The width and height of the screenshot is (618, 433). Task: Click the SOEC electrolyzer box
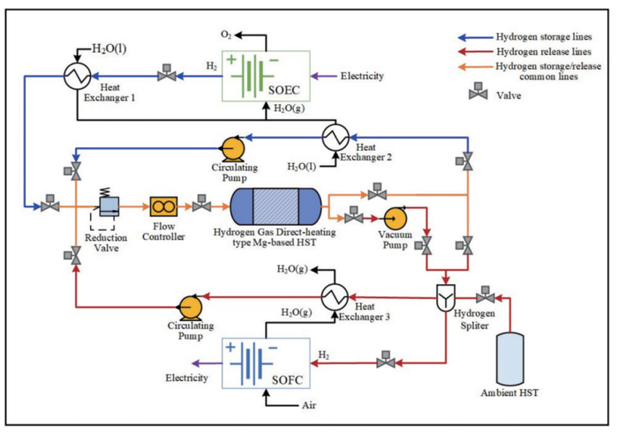tap(263, 76)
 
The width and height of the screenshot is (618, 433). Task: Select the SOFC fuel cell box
tap(265, 363)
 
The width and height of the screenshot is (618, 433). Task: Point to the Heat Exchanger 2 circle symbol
tap(334, 137)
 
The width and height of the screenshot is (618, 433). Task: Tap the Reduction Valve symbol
tap(109, 206)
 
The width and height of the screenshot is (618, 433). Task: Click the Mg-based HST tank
tap(275, 208)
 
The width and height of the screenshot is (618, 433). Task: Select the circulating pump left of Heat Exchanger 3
tap(188, 306)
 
